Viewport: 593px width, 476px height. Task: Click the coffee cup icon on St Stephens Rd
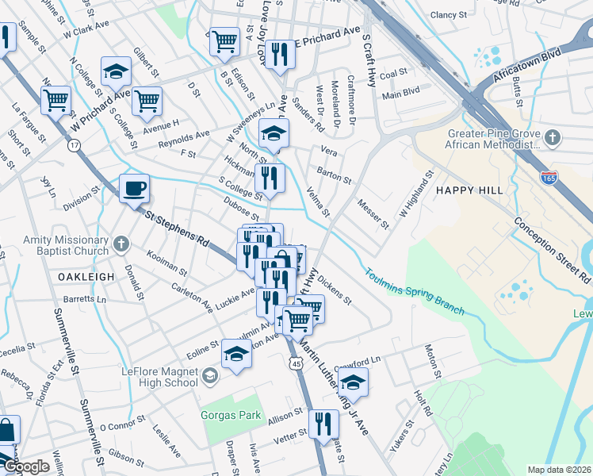coord(134,189)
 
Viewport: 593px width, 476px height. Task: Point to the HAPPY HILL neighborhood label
coord(465,191)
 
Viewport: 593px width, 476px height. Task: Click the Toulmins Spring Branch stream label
coord(415,290)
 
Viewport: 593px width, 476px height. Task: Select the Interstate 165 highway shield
coord(549,177)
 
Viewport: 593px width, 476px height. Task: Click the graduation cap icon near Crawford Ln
coord(354,384)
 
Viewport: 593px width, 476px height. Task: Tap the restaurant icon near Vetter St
coord(323,424)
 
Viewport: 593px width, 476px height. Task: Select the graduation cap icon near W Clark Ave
coord(116,73)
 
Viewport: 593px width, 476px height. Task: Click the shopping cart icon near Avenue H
coord(147,101)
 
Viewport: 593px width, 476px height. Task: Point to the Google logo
coord(25,466)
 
